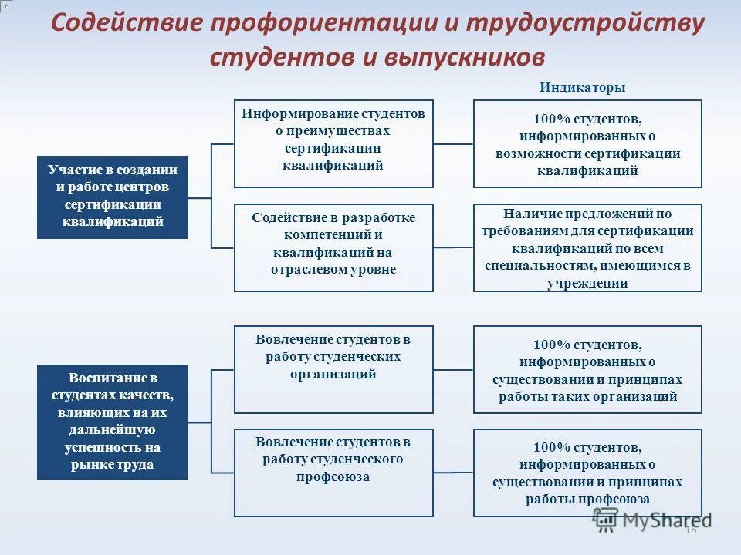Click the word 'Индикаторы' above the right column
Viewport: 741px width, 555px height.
[x=583, y=88]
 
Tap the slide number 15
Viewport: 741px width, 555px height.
[x=690, y=530]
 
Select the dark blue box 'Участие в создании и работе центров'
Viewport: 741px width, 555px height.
[x=113, y=197]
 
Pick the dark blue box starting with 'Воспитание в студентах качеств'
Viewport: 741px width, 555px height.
[x=113, y=422]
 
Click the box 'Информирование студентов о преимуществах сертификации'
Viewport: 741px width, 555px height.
[x=333, y=143]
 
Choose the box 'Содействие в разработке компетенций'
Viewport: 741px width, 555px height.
[x=333, y=247]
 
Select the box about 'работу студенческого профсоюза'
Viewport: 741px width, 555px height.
[x=333, y=473]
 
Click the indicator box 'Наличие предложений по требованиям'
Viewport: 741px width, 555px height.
[x=587, y=247]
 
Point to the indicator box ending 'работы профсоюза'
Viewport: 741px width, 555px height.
[x=587, y=473]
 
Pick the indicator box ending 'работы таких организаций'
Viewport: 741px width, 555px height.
[x=587, y=369]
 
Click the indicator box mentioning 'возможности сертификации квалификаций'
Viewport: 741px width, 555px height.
[x=587, y=143]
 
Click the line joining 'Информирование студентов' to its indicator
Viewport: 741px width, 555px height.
[x=453, y=143]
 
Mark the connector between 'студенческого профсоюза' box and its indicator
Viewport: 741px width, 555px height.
[x=453, y=472]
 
